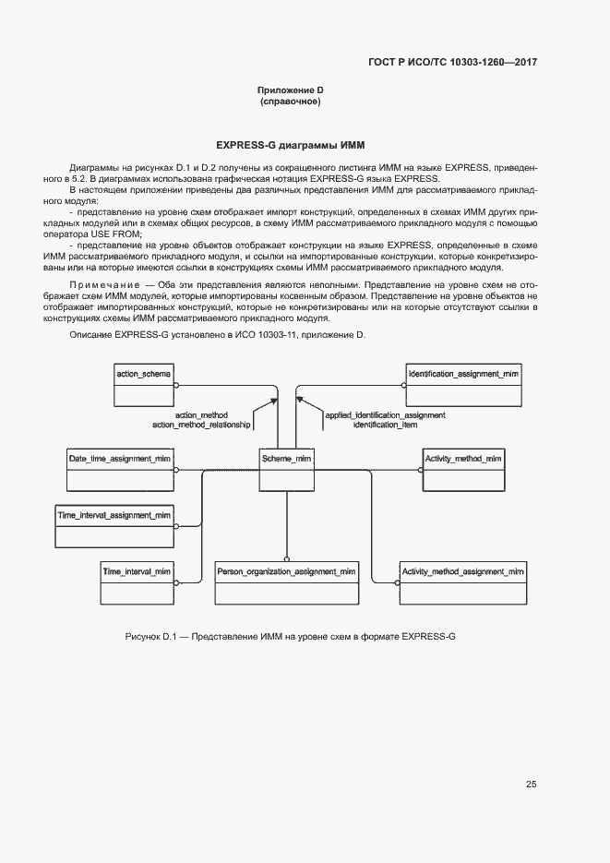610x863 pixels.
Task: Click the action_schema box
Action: coord(143,383)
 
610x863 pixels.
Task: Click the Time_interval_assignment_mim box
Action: coord(114,526)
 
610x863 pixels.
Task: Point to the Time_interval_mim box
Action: coord(137,583)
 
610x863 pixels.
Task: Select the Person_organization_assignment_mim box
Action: coord(286,583)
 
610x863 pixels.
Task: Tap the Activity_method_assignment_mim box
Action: coord(463,583)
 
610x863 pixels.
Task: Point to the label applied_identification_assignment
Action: coord(385,414)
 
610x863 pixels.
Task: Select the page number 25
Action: coord(532,785)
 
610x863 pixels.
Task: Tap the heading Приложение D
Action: coord(290,90)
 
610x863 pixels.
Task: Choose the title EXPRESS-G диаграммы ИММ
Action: coord(290,145)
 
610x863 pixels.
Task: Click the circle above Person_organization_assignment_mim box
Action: coord(286,558)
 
